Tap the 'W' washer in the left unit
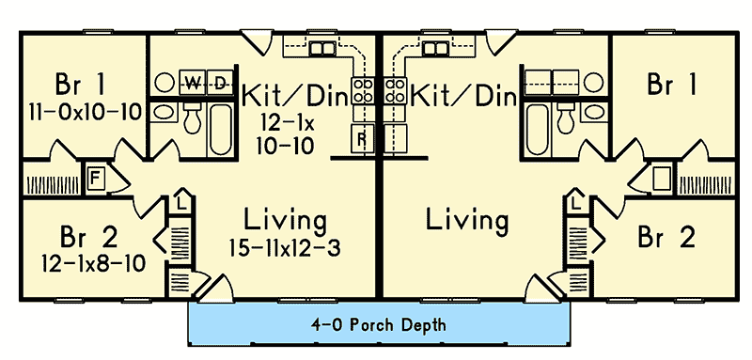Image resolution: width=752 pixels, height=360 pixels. (x=191, y=84)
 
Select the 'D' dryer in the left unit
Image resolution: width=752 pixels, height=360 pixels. (x=220, y=84)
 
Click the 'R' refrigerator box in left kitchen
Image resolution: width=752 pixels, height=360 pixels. (x=362, y=139)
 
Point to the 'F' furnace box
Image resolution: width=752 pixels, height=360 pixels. (x=95, y=177)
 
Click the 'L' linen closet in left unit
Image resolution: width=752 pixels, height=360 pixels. (x=181, y=201)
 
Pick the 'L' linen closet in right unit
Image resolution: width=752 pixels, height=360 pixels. (x=573, y=201)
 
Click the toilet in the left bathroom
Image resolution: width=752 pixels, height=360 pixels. (x=194, y=118)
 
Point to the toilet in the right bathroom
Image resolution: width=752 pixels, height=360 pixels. (x=566, y=118)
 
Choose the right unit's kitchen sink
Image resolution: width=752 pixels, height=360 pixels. (x=434, y=49)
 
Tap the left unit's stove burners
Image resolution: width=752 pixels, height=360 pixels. (x=363, y=92)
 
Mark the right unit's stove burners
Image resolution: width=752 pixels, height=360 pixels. (x=395, y=92)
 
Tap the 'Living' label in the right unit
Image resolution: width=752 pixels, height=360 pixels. (x=467, y=222)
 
